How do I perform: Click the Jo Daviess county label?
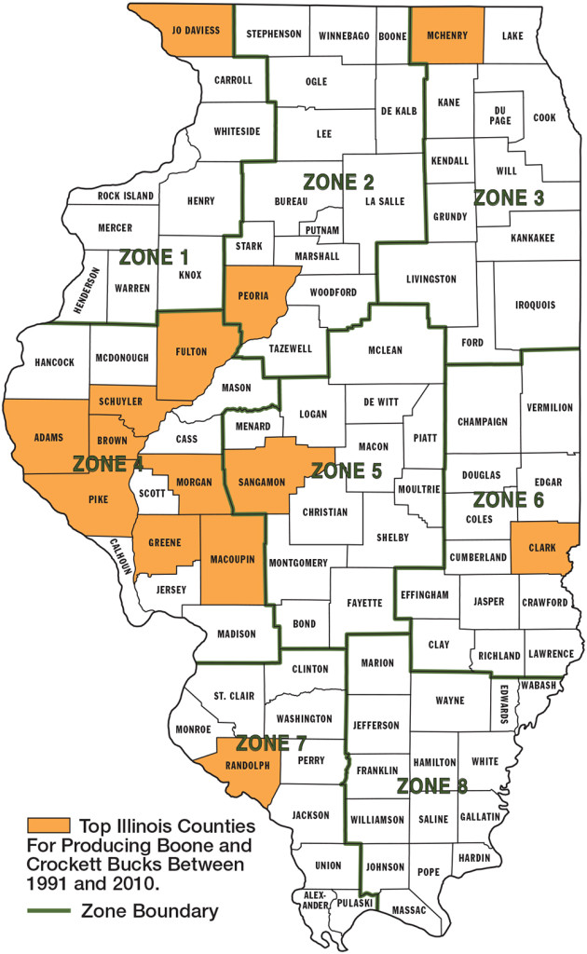pyautogui.click(x=196, y=30)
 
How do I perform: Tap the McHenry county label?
pyautogui.click(x=446, y=34)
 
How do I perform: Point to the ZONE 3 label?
pyautogui.click(x=512, y=198)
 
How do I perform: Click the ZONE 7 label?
pyautogui.click(x=274, y=743)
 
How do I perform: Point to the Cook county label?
pyautogui.click(x=544, y=118)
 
